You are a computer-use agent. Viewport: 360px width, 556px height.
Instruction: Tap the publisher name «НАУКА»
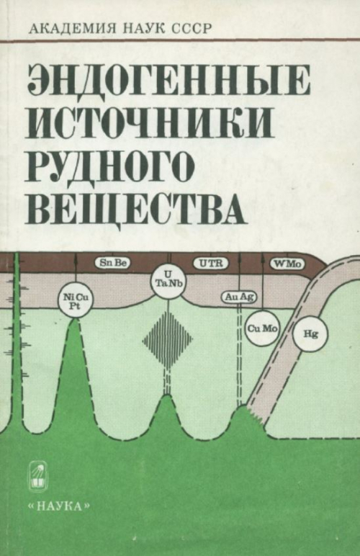point(59,506)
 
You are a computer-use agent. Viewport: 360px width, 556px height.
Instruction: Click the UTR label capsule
point(210,263)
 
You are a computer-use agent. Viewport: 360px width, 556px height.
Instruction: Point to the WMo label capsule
point(288,264)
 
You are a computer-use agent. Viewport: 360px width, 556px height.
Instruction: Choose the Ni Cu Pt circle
point(75,300)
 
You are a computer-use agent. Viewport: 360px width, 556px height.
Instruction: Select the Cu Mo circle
point(263,328)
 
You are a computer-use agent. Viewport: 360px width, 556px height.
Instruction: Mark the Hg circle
point(310,333)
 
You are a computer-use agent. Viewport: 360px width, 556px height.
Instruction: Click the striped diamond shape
point(168,340)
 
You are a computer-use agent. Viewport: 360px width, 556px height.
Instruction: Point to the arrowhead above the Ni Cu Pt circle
point(76,256)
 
